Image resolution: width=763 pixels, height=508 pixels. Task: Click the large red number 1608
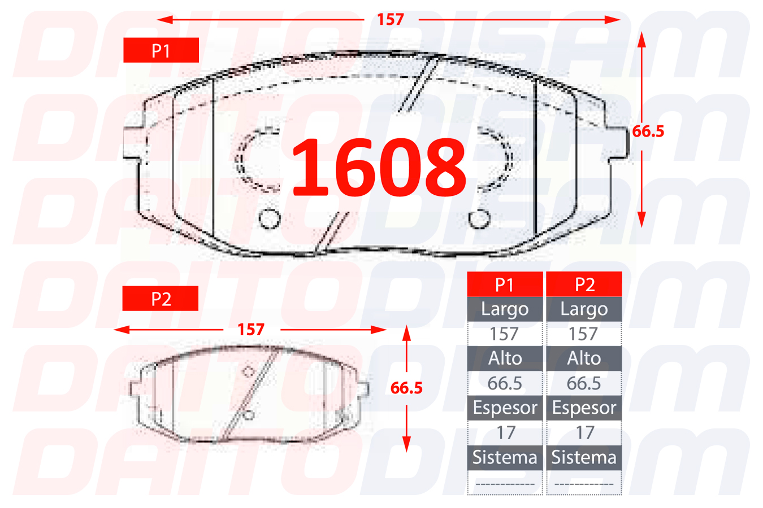(379, 167)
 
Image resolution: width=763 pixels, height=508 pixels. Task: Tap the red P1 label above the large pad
(161, 50)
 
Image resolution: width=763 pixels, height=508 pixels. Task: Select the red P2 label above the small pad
(161, 299)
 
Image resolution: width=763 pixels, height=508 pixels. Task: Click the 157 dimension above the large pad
(391, 19)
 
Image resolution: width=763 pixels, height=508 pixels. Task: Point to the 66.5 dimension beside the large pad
(648, 132)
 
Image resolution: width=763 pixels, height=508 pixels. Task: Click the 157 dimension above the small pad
(251, 330)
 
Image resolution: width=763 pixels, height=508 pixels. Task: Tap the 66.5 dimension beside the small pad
(406, 388)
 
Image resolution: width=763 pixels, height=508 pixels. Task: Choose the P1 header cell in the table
(505, 284)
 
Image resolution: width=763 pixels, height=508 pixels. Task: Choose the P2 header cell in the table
(584, 284)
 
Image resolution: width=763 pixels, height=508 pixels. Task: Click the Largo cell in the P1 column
(505, 309)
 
